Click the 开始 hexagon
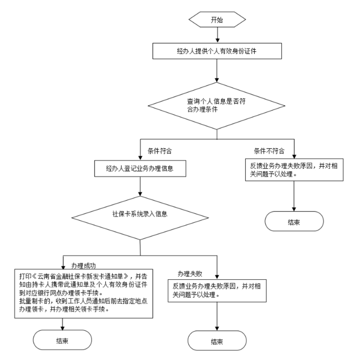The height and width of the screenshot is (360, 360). [x=217, y=21]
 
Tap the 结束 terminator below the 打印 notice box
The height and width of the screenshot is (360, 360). [x=63, y=340]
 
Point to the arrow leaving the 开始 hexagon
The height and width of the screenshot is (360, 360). [x=217, y=35]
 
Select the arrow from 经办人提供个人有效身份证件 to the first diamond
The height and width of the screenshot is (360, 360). [x=217, y=69]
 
